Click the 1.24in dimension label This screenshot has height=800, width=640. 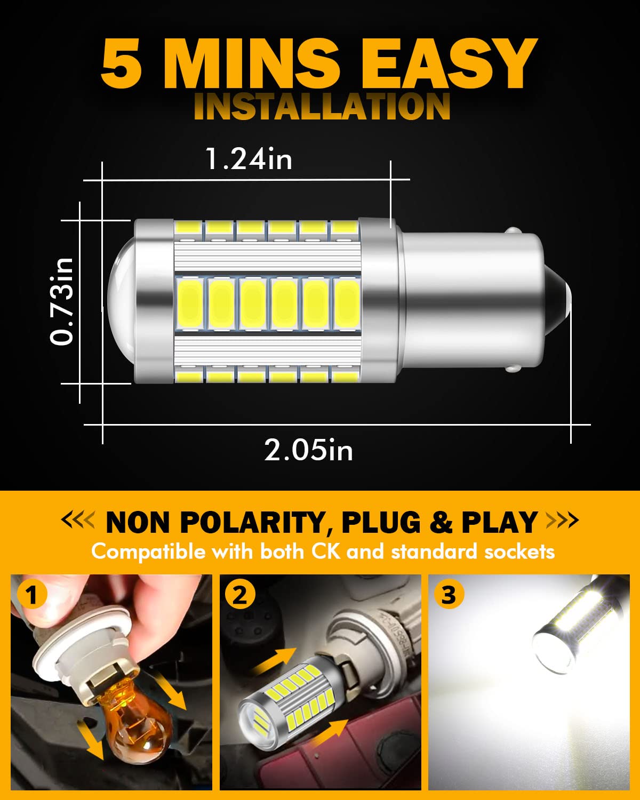pyautogui.click(x=249, y=159)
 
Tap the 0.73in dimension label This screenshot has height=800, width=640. pyautogui.click(x=62, y=301)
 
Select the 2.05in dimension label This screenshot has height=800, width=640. pyautogui.click(x=308, y=450)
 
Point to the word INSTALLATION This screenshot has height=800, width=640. pyautogui.click(x=322, y=106)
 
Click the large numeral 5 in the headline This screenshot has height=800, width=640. pyautogui.click(x=122, y=63)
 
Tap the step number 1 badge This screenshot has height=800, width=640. pyautogui.click(x=32, y=595)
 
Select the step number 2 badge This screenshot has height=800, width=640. pyautogui.click(x=240, y=595)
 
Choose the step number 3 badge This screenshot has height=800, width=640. pyautogui.click(x=449, y=595)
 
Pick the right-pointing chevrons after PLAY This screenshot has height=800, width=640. pyautogui.click(x=562, y=521)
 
